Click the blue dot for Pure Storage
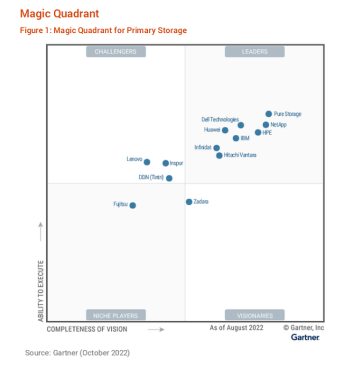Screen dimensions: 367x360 269,114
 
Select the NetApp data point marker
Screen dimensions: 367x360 266,125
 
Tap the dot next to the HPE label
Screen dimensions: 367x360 258,132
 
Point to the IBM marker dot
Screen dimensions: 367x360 236,138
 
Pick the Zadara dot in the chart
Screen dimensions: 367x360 189,202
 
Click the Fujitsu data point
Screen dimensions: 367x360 133,205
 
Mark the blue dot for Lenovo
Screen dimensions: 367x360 147,162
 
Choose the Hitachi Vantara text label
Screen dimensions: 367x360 240,155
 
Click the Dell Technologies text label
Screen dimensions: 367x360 220,119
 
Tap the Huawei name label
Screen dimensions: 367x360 212,129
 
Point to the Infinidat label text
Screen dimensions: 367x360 203,147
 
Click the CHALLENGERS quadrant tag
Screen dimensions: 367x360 116,52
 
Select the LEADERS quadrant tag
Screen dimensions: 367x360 255,52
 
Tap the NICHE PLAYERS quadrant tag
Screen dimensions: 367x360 116,315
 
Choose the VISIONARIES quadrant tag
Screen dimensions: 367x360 255,315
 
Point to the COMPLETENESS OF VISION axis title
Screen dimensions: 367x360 87,329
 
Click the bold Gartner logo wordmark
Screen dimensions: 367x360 305,337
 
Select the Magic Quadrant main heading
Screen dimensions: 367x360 59,13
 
